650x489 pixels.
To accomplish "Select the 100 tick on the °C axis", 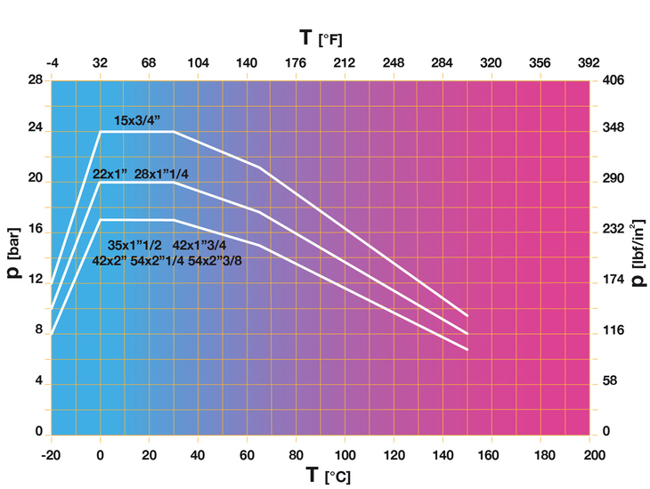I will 344,454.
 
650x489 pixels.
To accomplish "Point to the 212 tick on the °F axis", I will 344,63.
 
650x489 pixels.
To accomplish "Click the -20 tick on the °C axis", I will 51,454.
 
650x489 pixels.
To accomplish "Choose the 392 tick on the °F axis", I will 589,63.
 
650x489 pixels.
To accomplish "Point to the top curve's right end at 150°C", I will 467,315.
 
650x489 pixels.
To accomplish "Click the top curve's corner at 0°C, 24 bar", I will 100,132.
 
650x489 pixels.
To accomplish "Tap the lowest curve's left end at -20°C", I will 52,334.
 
